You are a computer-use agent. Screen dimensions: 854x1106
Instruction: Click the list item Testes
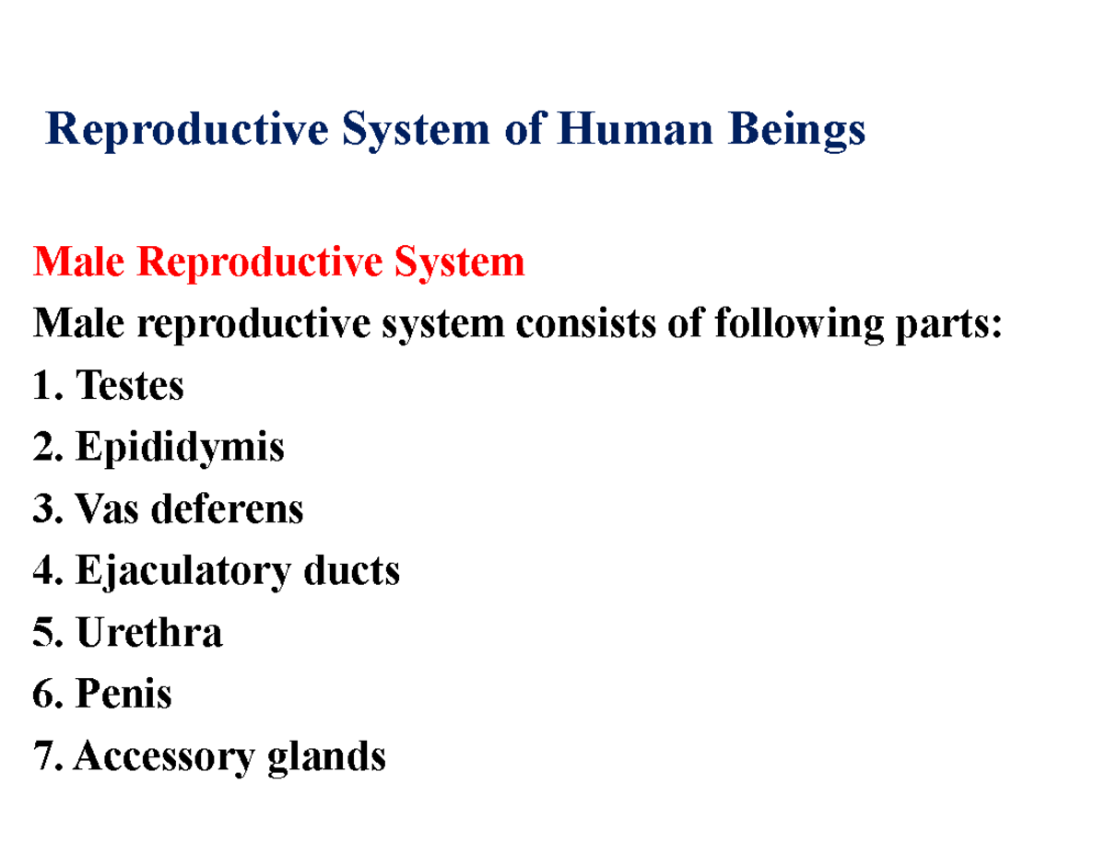(130, 385)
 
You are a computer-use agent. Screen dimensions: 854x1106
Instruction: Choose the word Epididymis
(180, 449)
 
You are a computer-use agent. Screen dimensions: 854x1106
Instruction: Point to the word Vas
(110, 509)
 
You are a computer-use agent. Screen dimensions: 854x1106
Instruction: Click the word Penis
(124, 694)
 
